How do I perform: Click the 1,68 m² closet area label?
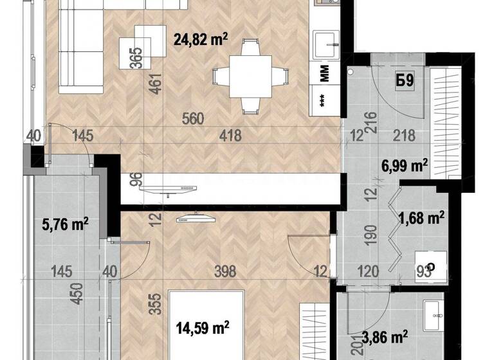tap(422, 219)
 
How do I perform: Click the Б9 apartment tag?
tap(404, 82)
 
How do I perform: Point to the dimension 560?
tap(192, 119)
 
